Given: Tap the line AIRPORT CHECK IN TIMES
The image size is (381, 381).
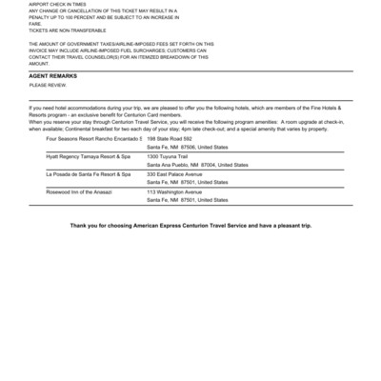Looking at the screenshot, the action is coord(57,4).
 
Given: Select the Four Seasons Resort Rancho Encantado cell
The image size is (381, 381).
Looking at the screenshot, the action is coord(93,139).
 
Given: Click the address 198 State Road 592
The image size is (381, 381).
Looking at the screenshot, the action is coord(170,139).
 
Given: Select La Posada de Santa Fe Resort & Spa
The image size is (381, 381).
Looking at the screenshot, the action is coord(88,174).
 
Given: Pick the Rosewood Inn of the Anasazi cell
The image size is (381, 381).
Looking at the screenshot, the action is coord(79,191).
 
